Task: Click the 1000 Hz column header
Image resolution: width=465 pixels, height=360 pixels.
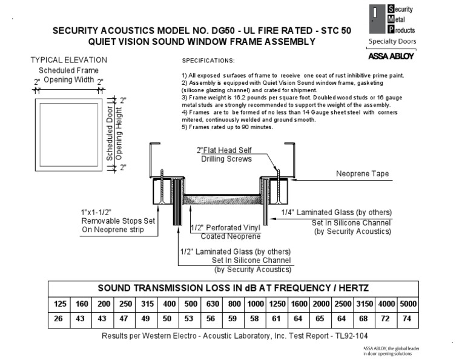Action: coord(256,302)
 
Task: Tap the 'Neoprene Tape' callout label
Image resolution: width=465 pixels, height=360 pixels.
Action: coord(362,174)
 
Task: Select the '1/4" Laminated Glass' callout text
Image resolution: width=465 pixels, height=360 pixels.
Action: coord(337,212)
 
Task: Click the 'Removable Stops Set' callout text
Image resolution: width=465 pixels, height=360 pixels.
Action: coord(118,221)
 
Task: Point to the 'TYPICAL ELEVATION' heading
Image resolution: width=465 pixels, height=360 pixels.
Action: coord(69,60)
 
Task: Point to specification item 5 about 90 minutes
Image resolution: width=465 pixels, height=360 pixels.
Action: coord(228,127)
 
